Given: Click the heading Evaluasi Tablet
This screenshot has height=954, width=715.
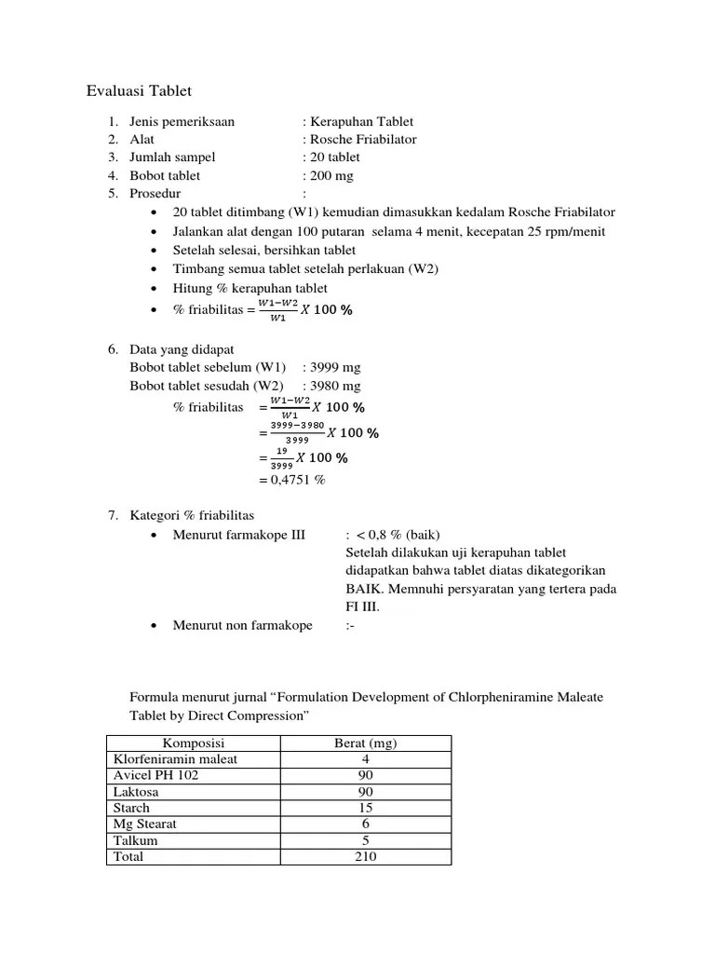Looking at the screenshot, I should [139, 90].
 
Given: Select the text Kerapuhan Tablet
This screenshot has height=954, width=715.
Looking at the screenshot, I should [362, 121].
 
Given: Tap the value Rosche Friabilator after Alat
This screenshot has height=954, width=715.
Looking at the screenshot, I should [363, 139].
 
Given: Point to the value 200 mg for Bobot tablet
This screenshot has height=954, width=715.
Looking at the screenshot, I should [332, 175].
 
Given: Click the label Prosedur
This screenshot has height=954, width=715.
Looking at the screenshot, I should [155, 193].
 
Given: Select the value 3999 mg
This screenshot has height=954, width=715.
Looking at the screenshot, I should [335, 367].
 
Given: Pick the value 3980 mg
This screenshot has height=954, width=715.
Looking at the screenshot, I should [335, 386].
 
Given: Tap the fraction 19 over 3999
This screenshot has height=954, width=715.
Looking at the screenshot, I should [281, 457].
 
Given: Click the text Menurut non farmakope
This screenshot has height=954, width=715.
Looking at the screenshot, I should [242, 625].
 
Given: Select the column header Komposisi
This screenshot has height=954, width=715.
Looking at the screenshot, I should [194, 743].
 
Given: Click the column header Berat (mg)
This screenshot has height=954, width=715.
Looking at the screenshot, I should [365, 743].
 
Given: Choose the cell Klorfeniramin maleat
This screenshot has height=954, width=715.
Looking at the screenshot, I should [175, 758].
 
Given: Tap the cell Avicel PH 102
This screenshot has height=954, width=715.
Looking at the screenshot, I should [155, 775].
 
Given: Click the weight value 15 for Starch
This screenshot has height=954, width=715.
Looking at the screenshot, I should [365, 808].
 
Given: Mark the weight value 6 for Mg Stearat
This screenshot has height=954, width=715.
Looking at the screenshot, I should [365, 824].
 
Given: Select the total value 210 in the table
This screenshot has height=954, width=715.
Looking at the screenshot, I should [365, 856].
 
